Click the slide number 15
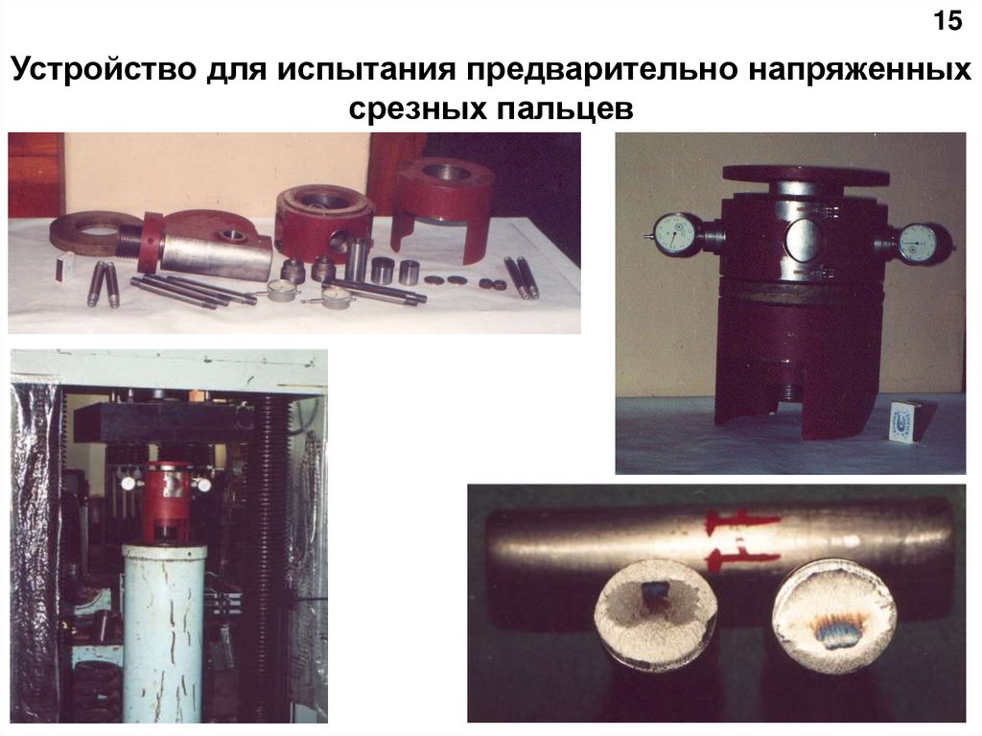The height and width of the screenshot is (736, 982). click(947, 21)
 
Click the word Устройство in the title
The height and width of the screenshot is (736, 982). click(104, 70)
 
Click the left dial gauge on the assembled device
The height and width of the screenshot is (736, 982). click(675, 235)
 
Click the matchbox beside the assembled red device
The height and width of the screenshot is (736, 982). click(900, 424)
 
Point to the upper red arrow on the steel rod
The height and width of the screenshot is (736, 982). click(742, 520)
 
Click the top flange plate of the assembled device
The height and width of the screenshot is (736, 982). click(805, 175)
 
